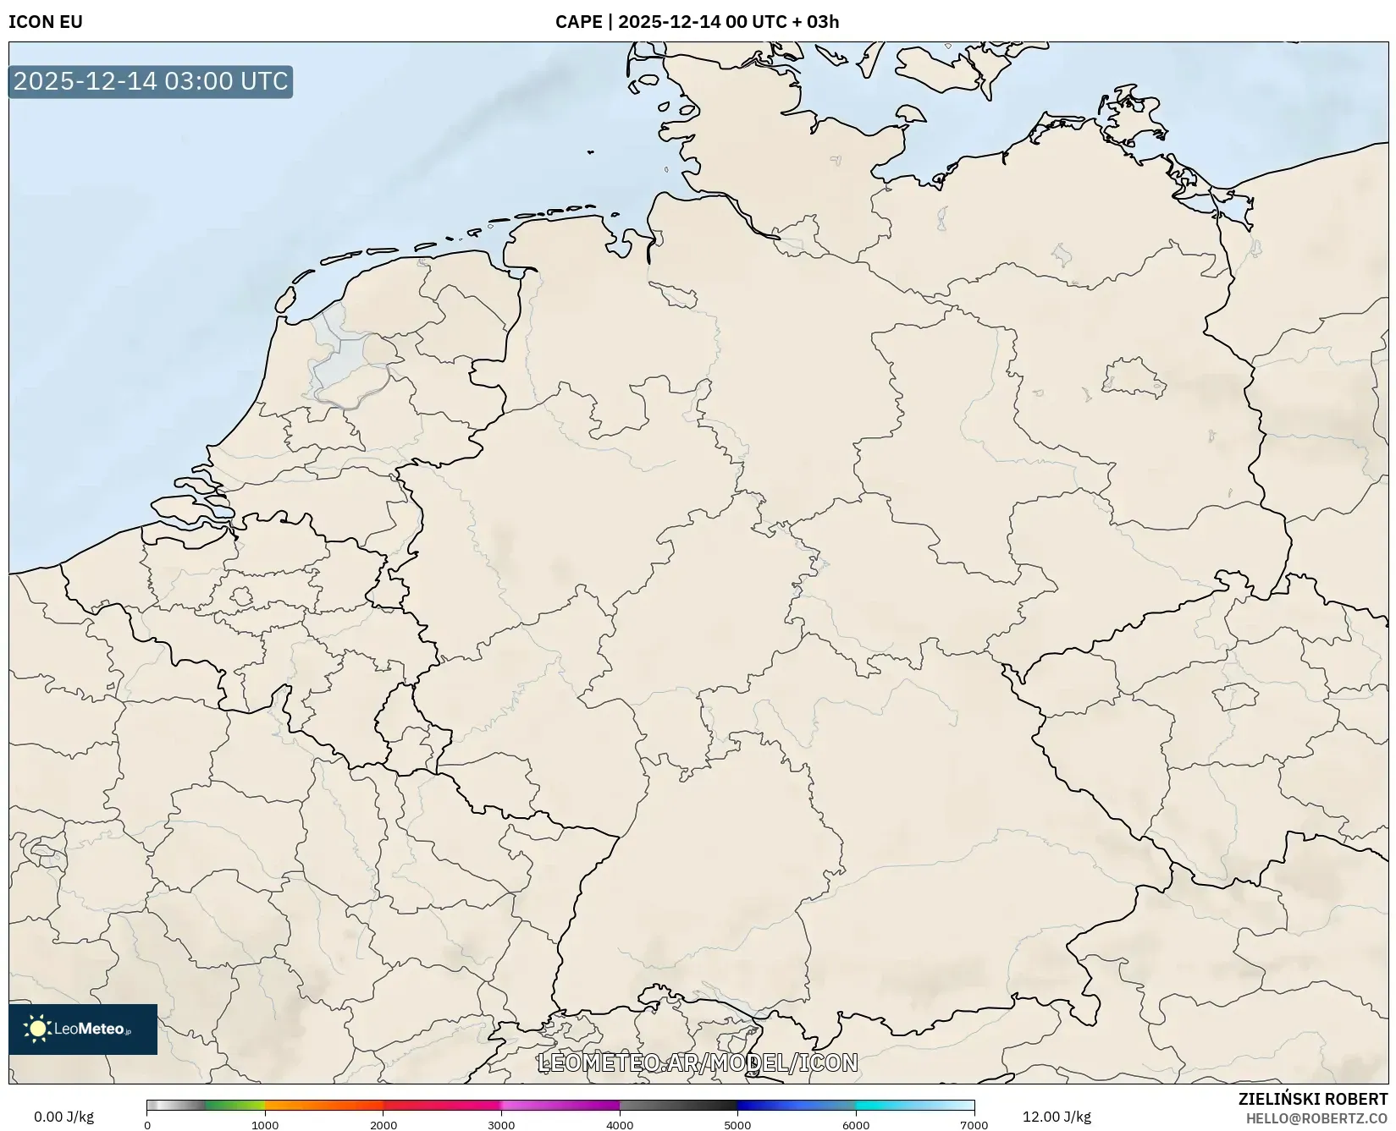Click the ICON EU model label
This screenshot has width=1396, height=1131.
coord(46,22)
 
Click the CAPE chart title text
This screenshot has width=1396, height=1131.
coord(697,22)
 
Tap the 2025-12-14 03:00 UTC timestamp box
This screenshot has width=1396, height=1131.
coord(151,82)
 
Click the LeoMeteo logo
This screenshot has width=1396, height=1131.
coord(83,1029)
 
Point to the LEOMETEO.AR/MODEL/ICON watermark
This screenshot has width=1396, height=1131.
coord(698,1062)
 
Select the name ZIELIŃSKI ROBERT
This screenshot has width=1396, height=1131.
coord(1312,1099)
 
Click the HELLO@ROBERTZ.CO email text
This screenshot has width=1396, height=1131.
coord(1316,1118)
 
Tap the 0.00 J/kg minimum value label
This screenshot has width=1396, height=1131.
coord(63,1117)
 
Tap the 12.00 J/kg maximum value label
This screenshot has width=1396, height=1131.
coord(1057,1117)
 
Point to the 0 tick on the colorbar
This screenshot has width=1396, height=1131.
coord(147,1124)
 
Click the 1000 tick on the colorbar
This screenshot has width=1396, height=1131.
coord(265,1124)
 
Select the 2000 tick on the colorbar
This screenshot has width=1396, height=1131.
coord(383,1124)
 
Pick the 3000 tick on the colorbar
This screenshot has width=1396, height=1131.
coord(501,1124)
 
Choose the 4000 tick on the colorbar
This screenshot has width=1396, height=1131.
coord(620,1124)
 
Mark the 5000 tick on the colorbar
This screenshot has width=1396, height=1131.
coord(737,1124)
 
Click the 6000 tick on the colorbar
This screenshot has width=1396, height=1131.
coord(856,1124)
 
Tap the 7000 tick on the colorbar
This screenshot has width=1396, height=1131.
coord(974,1124)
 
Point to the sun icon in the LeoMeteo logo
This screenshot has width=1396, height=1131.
coord(38,1029)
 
